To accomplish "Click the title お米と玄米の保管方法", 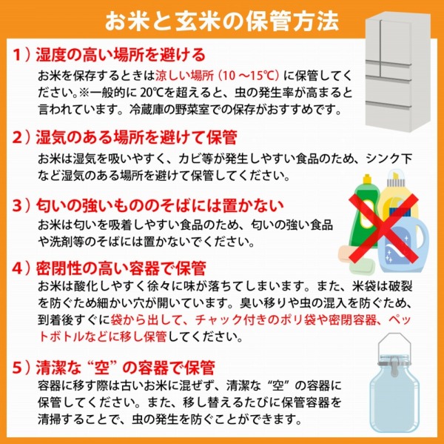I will (222, 18).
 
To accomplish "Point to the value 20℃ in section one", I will (173, 93).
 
